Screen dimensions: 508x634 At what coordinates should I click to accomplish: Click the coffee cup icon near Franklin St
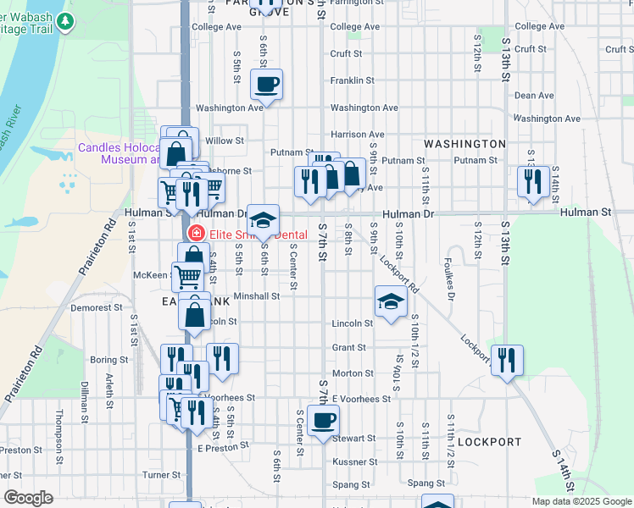266,85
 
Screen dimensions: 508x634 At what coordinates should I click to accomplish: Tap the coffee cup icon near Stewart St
322,421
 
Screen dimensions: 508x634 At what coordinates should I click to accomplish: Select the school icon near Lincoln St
390,302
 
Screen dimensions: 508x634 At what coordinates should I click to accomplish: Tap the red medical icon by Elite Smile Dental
196,233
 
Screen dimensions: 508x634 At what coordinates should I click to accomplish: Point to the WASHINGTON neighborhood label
464,144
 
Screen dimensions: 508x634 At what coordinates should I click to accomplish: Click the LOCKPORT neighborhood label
489,442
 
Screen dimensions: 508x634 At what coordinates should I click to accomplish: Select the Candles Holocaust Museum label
119,152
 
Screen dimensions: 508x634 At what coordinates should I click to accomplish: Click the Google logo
27,498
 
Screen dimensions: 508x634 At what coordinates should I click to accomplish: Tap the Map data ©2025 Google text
582,501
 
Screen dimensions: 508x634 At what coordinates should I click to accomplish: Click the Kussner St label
354,462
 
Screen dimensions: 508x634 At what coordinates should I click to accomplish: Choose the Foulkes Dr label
450,285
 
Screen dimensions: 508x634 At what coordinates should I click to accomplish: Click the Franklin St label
353,80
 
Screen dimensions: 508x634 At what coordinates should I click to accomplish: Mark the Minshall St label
257,296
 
